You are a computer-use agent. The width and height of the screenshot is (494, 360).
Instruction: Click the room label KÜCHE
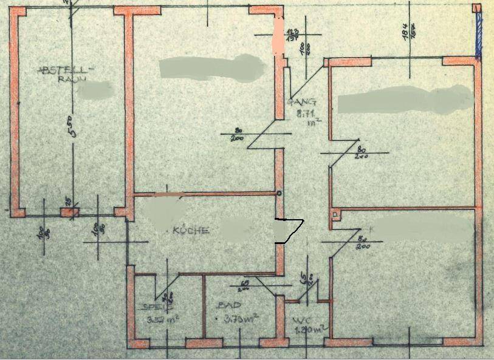point(191,230)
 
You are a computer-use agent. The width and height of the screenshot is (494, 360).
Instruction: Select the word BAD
point(232,305)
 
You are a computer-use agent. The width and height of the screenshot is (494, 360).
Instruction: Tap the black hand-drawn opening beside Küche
point(288,230)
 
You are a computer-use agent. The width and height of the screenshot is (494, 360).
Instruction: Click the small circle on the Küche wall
point(279,194)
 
